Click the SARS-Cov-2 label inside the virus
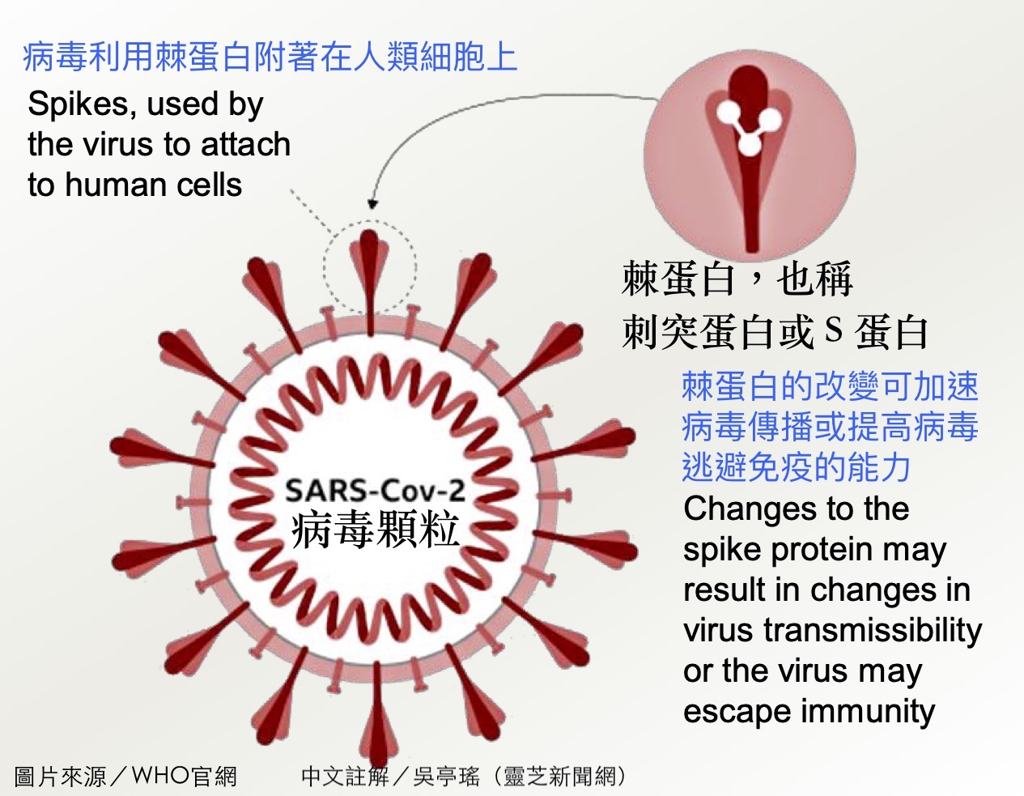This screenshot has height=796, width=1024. [375, 491]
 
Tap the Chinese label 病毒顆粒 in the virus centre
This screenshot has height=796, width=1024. [375, 530]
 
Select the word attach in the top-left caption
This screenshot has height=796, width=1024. [245, 144]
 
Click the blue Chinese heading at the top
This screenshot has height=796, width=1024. [270, 57]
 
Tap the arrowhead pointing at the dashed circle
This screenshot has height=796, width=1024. [372, 204]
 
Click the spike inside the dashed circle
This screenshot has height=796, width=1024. [369, 283]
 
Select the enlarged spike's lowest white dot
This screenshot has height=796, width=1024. [749, 144]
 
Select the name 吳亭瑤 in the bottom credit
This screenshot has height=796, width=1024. [447, 776]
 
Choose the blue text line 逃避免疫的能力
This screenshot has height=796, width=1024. [797, 466]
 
